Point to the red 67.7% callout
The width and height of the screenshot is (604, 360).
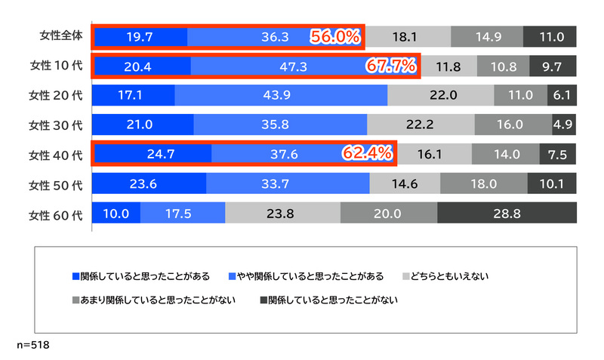coord(391,66)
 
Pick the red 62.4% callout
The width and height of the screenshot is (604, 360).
coord(368,154)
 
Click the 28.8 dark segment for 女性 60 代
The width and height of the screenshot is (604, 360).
coord(507,214)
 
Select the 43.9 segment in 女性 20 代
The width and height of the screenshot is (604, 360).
coord(280,96)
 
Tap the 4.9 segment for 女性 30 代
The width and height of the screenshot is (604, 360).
coord(562,125)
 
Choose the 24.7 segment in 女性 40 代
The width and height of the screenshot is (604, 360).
coord(151,155)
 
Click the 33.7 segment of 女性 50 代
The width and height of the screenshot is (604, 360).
coord(288,184)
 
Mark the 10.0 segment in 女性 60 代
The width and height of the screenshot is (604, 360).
coord(116,214)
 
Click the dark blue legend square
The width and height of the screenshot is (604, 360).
coord(75,275)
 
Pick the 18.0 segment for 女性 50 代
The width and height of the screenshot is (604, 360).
coord(483,184)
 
